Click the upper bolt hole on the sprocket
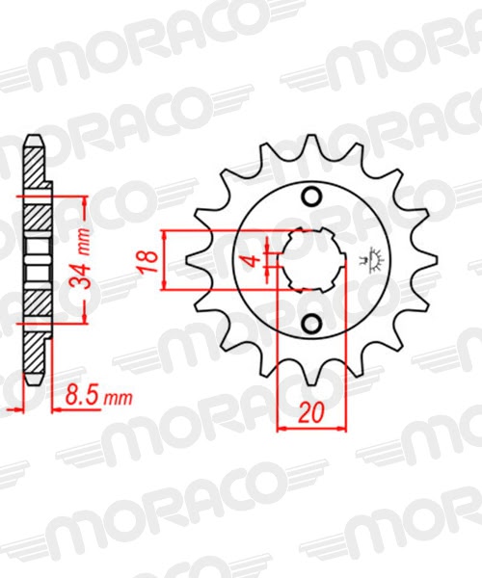(x=311, y=198)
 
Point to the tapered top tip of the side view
(x=33, y=140)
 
